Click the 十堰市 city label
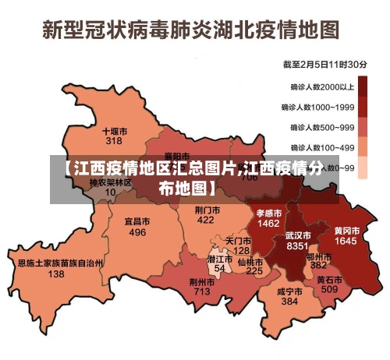coord(114,131)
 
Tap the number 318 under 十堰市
coord(114,141)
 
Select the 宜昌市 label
coord(137,221)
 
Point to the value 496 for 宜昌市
coord(137,232)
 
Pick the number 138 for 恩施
coord(56,274)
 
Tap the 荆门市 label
coord(205,210)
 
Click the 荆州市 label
coord(202,281)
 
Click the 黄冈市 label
coord(346,231)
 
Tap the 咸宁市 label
coord(289,291)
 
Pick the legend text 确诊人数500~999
coord(323,127)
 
